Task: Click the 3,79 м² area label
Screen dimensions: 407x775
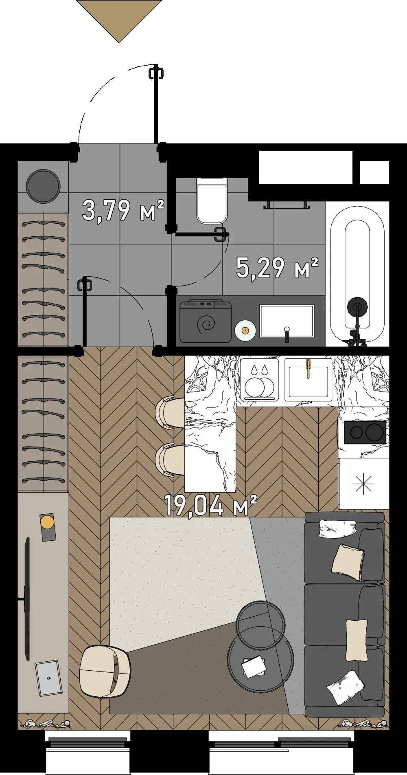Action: [x=123, y=211]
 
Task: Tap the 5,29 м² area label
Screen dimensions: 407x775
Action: [x=277, y=268]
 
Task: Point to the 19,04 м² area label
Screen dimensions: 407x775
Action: [x=210, y=505]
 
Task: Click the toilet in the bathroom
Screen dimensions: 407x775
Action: [x=212, y=200]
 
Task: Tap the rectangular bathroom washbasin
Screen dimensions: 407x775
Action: [x=287, y=321]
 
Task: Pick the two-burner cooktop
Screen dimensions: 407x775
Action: [x=365, y=432]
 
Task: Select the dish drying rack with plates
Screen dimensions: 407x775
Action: [x=259, y=379]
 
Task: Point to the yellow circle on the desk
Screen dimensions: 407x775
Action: [x=47, y=522]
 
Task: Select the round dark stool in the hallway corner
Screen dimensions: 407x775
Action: [x=43, y=186]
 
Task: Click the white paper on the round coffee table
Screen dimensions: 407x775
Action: [x=254, y=666]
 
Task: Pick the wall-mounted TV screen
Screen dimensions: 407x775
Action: [x=27, y=599]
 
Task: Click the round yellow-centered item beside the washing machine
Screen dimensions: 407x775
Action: [x=245, y=330]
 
